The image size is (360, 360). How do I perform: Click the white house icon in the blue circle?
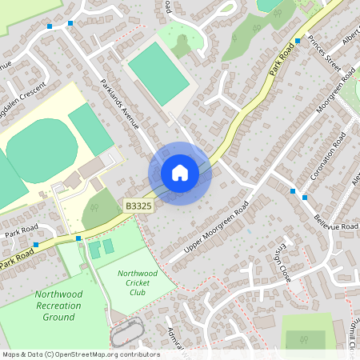coord(180,172)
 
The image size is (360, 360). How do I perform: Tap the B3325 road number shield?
coord(138,206)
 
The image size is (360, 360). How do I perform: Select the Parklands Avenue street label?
coord(120,105)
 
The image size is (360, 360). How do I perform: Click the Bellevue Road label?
coord(335,216)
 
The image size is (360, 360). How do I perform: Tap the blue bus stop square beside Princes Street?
coord(298,40)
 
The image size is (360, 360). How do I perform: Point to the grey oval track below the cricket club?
coord(127,332)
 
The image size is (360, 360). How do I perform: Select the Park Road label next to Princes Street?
coord(282,60)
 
